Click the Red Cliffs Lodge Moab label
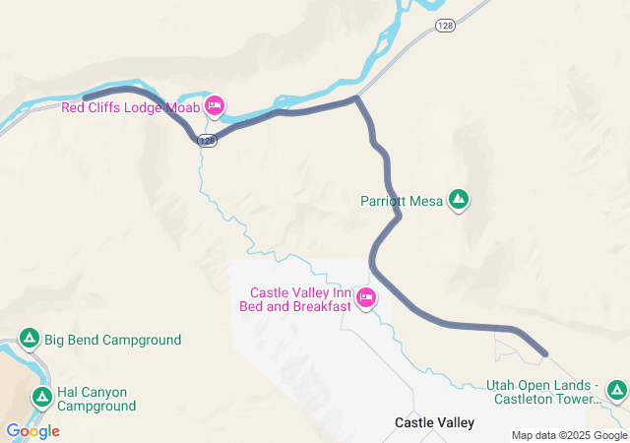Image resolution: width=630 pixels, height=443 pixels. pyautogui.click(x=130, y=107)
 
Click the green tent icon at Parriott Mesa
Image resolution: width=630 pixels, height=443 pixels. pyautogui.click(x=458, y=200)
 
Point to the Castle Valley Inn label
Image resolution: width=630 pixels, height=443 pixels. pyautogui.click(x=300, y=292)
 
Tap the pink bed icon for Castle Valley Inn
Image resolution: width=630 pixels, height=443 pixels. pyautogui.click(x=366, y=298)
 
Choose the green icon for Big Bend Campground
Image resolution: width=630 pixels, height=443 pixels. pyautogui.click(x=30, y=340)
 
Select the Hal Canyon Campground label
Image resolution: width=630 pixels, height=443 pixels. pyautogui.click(x=97, y=398)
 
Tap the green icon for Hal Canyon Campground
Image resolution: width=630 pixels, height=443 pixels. pyautogui.click(x=42, y=397)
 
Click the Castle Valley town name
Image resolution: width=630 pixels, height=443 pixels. pyautogui.click(x=434, y=422)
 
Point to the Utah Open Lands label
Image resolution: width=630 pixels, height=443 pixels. pyautogui.click(x=542, y=392)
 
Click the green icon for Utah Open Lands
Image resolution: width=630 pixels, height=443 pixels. pyautogui.click(x=617, y=391)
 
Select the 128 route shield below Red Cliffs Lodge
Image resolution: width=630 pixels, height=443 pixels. pyautogui.click(x=207, y=141)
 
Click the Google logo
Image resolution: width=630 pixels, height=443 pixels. pyautogui.click(x=32, y=431)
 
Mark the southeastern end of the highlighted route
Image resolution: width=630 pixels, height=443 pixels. pyautogui.click(x=544, y=352)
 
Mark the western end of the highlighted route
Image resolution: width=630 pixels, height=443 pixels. pyautogui.click(x=85, y=97)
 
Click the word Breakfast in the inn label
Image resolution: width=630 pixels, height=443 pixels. pyautogui.click(x=319, y=306)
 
